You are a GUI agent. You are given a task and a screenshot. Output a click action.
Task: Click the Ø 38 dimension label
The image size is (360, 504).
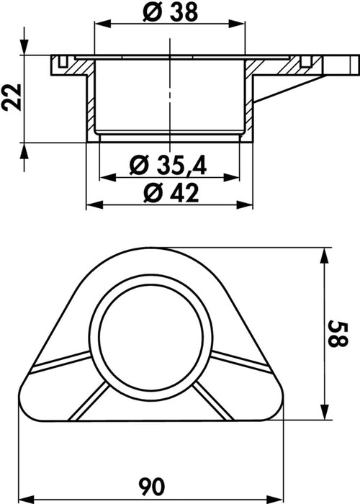[x=170, y=13]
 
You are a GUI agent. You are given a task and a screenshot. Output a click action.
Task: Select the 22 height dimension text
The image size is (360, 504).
[x=12, y=97]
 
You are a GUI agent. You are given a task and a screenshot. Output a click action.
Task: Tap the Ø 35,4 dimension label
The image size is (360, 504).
[x=168, y=165]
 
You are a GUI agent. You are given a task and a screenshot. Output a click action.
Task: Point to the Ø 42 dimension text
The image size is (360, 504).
[x=171, y=194]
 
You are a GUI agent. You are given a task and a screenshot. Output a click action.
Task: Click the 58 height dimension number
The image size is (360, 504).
[x=338, y=333]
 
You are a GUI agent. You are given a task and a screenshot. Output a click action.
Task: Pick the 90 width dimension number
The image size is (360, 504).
[x=152, y=486]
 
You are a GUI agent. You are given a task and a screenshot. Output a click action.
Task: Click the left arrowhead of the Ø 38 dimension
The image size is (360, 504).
[x=102, y=24]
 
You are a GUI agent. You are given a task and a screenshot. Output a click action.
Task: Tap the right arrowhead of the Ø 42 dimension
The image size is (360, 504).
[x=245, y=204]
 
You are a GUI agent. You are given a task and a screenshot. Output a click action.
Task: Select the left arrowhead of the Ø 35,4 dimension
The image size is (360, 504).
[x=108, y=177]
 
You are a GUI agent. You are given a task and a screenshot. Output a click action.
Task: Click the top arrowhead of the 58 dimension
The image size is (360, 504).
[x=325, y=256]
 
